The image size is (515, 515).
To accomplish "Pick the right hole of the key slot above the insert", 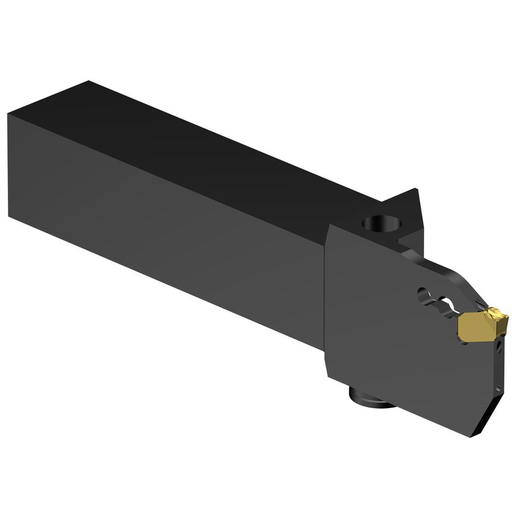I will [x=447, y=300].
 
